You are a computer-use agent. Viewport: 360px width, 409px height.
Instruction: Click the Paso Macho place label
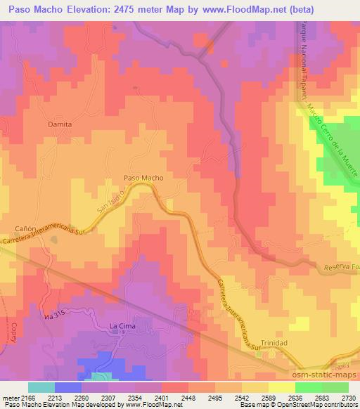(x=143, y=178)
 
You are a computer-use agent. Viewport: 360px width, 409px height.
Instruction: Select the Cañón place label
(x=25, y=229)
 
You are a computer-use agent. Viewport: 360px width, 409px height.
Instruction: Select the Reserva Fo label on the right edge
(x=342, y=268)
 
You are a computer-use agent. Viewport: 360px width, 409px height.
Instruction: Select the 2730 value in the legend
(x=347, y=398)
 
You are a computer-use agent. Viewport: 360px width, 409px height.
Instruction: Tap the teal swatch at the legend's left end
(x=40, y=387)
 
